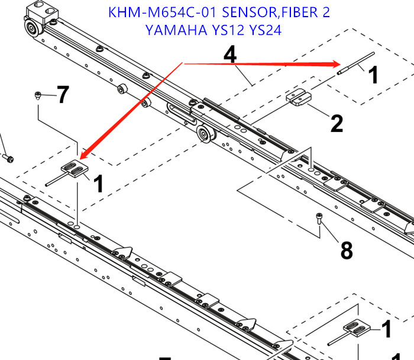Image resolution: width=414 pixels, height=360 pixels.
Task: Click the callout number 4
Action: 230,54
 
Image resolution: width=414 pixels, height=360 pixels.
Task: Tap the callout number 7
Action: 63,95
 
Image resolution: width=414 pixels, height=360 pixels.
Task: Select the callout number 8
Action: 346,250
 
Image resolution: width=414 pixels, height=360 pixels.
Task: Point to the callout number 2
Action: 336,124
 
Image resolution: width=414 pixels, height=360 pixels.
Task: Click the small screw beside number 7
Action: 38,95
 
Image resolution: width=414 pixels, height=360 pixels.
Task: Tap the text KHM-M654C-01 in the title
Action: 159,12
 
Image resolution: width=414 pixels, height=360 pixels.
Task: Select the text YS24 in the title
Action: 266,30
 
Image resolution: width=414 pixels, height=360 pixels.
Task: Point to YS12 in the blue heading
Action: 227,30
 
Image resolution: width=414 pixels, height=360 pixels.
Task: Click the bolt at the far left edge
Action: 8,158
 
